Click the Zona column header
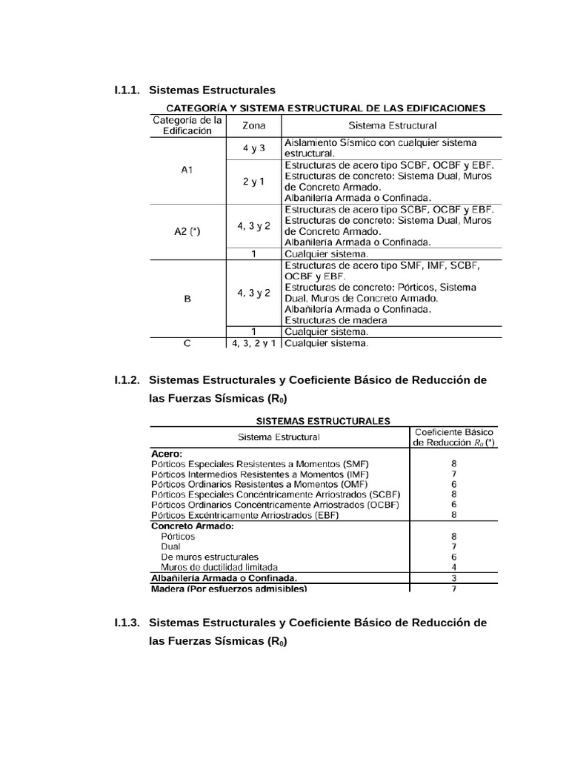(x=254, y=125)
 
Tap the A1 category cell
(x=187, y=170)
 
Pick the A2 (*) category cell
(x=187, y=231)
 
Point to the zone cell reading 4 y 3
(x=254, y=148)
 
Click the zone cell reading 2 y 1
(x=254, y=182)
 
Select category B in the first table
(x=187, y=299)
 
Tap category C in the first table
(x=187, y=343)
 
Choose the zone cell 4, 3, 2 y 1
(x=254, y=343)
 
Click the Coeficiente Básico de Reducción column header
(x=455, y=437)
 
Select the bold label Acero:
(x=167, y=452)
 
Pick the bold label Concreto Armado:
(x=192, y=526)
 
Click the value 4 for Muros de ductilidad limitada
(x=453, y=567)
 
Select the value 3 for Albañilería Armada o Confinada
(x=453, y=578)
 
